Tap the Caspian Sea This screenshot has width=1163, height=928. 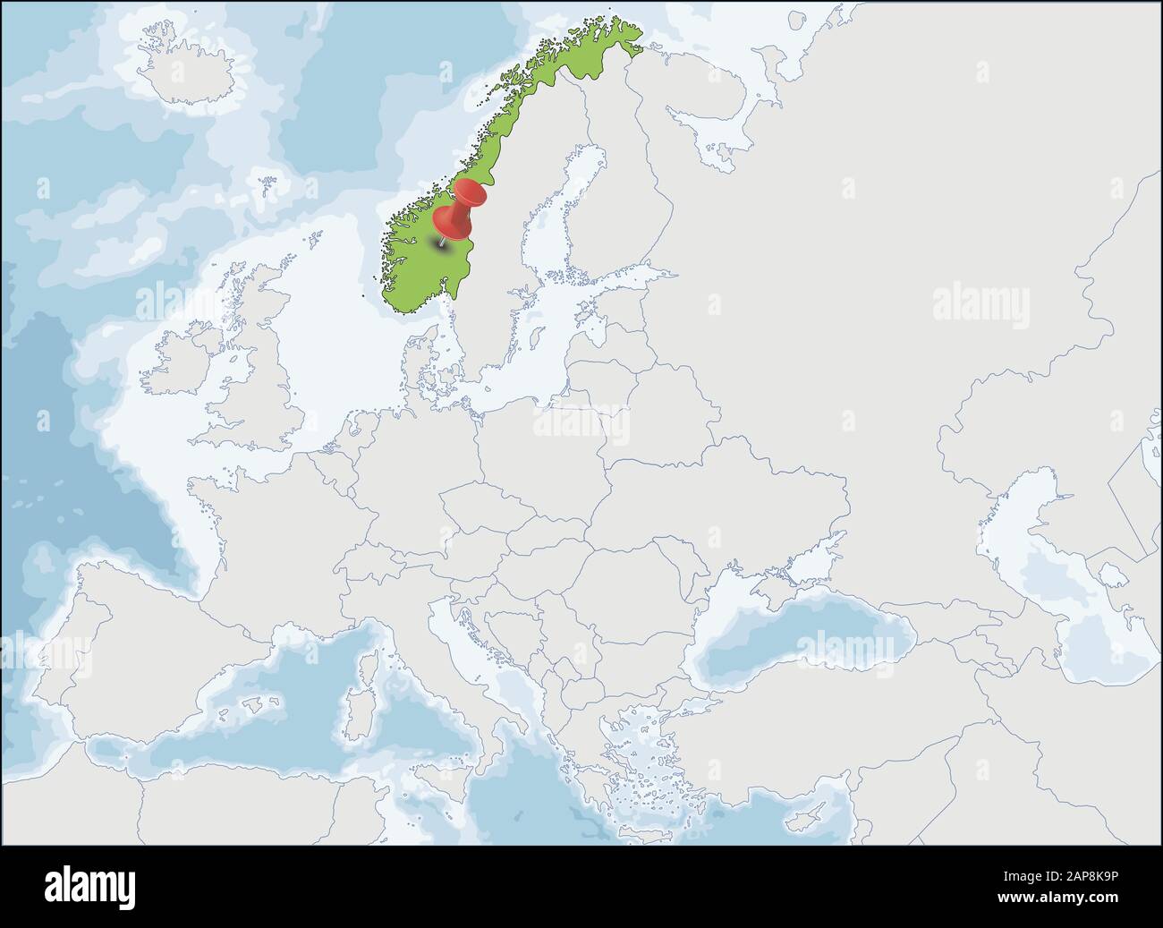pos(1065,582)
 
